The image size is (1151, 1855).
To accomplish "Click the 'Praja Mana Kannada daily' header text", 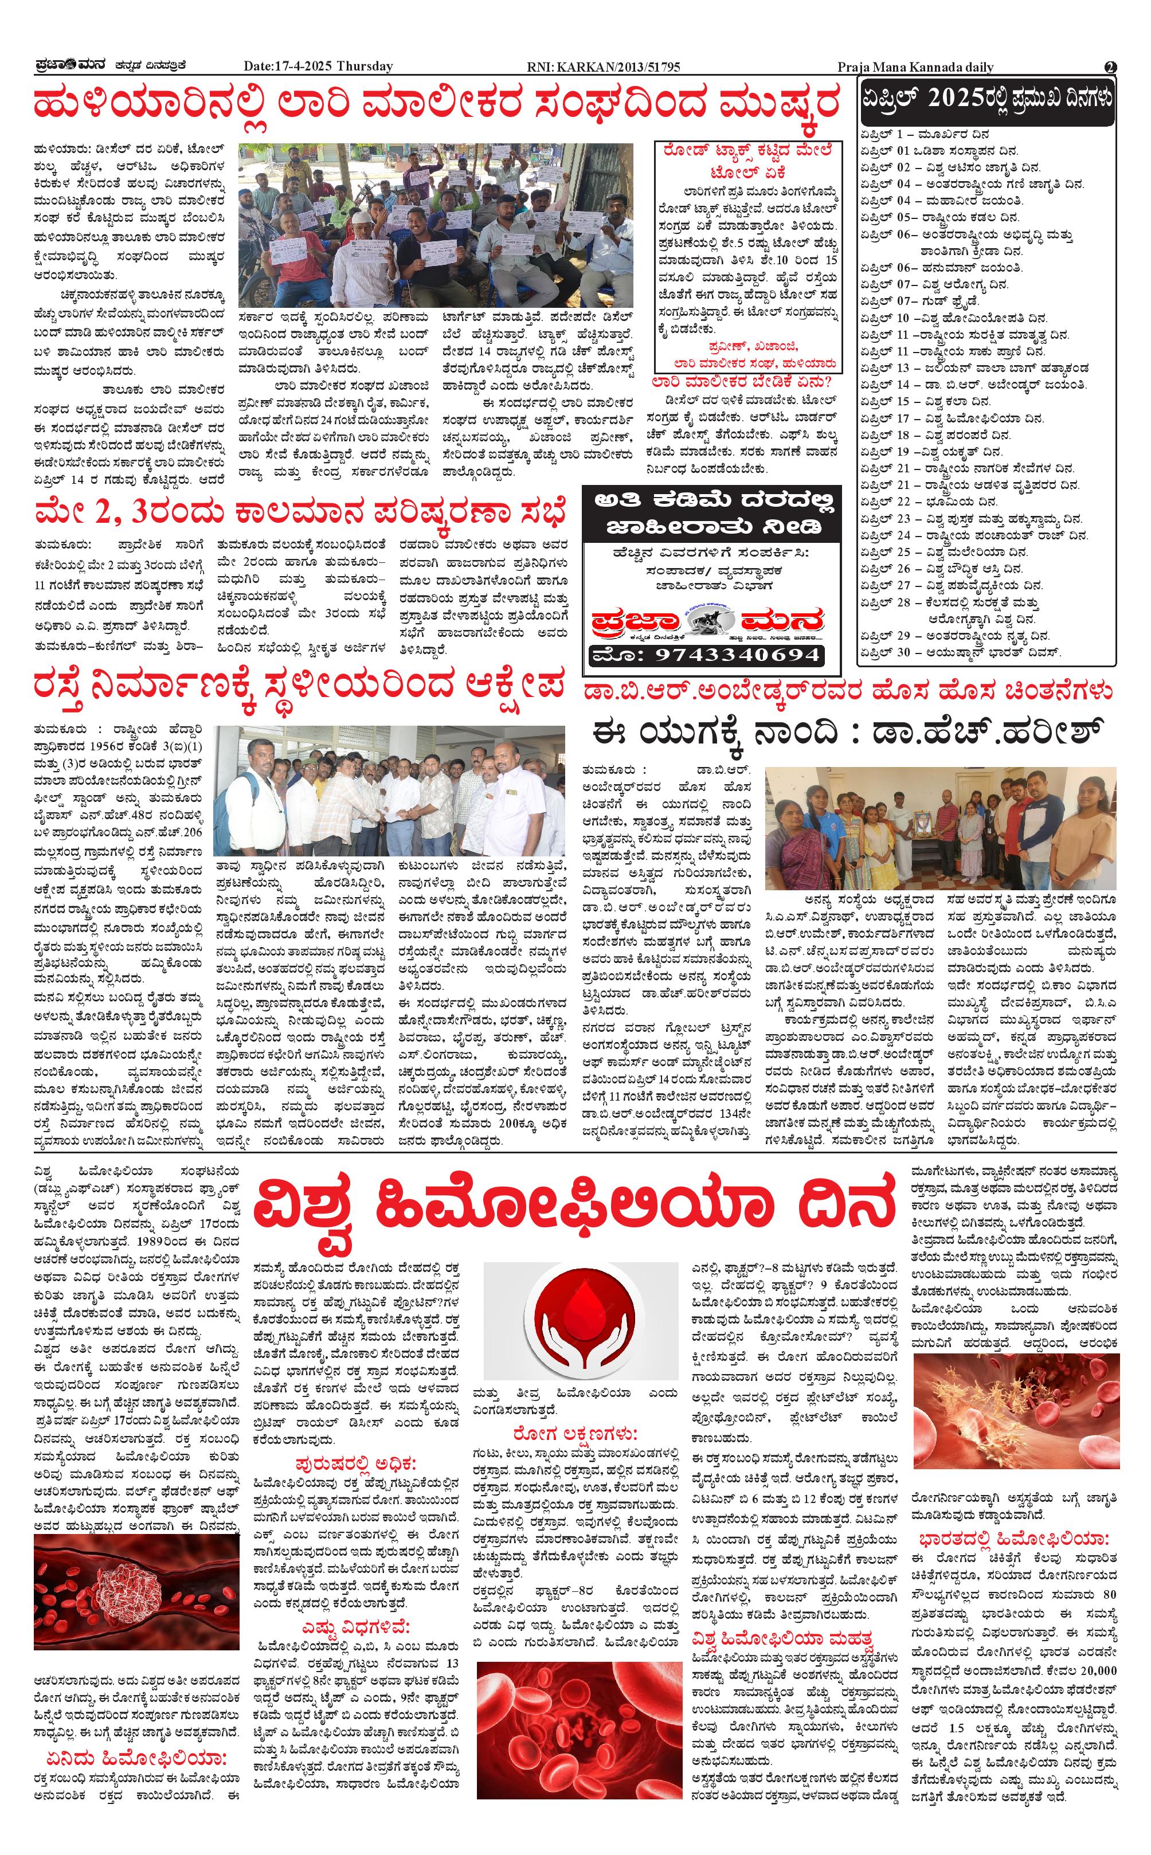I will [x=914, y=67].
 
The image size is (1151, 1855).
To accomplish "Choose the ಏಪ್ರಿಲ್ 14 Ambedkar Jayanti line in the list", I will [x=973, y=385].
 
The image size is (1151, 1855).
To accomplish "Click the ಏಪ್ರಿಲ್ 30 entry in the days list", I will [x=961, y=652].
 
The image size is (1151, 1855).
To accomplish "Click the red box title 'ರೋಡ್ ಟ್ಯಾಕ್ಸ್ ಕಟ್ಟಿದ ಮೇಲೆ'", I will [x=747, y=151].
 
